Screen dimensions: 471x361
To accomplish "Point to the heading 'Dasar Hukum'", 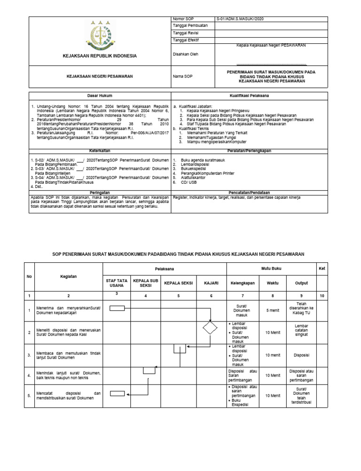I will [x=100, y=95].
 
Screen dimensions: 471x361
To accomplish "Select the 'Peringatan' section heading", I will [x=100, y=193].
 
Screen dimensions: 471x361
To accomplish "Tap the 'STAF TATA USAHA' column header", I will [x=116, y=283].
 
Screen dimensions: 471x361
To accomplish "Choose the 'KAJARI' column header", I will [x=211, y=283].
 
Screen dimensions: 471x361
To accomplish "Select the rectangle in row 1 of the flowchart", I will [x=117, y=308].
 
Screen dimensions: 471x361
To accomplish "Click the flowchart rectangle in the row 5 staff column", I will [x=117, y=394].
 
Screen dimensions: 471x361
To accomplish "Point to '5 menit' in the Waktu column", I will [x=273, y=310].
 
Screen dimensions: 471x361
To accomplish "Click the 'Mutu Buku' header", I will [x=271, y=269].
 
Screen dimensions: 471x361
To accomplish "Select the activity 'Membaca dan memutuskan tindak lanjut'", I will [x=69, y=355].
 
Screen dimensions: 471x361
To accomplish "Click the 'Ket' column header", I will [x=322, y=268].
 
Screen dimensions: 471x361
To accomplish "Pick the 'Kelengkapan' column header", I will [x=243, y=283].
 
